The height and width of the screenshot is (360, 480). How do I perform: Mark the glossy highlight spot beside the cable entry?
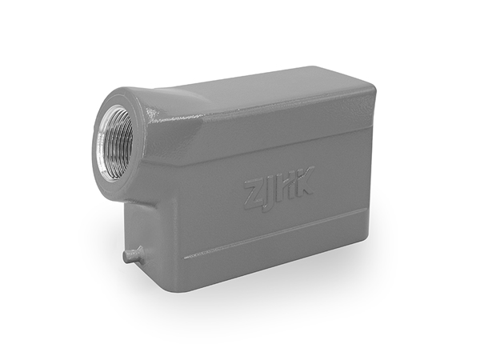click(x=151, y=114)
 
